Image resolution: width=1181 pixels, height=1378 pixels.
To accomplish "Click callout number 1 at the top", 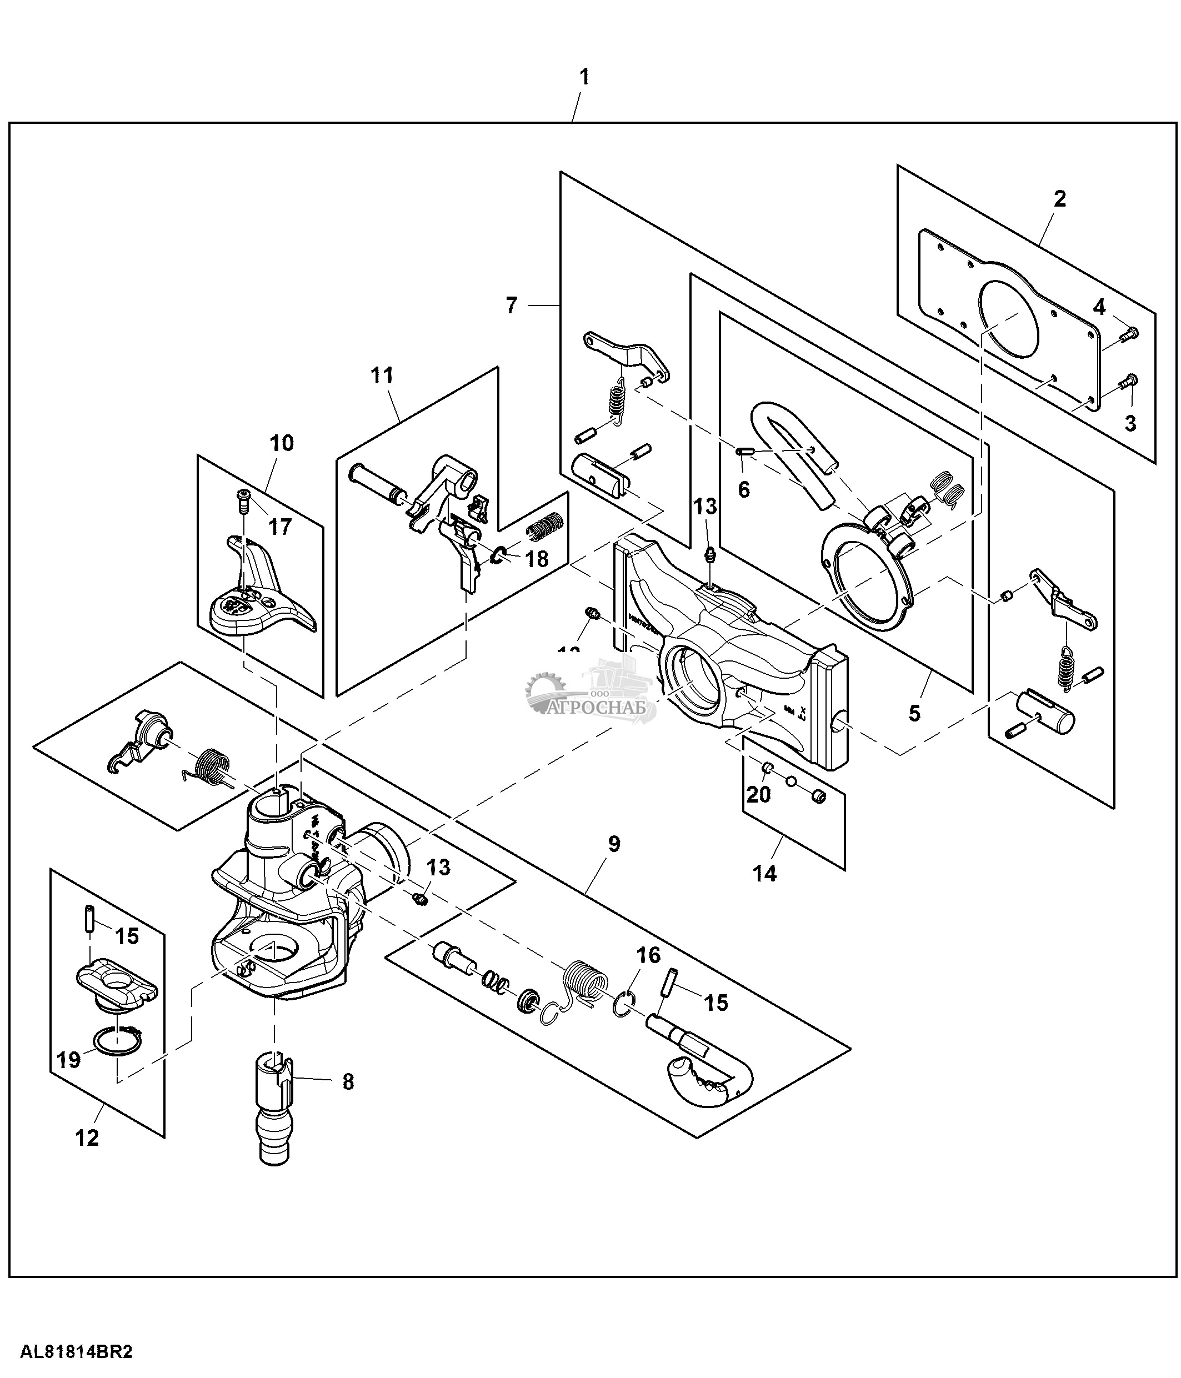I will click(584, 77).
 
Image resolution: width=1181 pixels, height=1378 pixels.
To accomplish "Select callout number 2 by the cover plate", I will click(1059, 198).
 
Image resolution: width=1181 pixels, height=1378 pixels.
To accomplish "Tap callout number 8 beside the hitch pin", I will click(348, 1082).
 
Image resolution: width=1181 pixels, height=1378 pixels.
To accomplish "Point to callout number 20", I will click(759, 794).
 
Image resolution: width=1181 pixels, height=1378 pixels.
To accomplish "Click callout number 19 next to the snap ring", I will click(69, 1059).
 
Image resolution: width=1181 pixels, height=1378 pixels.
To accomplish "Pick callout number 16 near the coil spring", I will click(648, 956).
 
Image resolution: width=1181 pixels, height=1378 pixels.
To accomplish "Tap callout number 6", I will click(743, 489).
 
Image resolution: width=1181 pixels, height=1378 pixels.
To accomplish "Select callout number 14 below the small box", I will click(765, 873).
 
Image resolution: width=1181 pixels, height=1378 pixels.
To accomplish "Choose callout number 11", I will click(382, 376).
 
